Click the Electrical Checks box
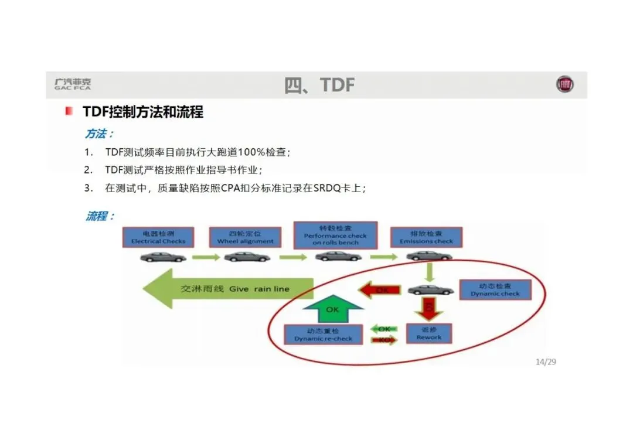coord(158,237)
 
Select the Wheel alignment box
coord(245,237)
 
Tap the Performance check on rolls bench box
coord(335,236)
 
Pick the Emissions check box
coord(426,237)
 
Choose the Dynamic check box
coord(495,289)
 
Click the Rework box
coord(429,333)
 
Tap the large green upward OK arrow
coord(332,309)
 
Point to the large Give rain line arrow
coord(229,289)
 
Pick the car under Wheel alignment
coord(247,257)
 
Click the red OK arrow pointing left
coord(380,289)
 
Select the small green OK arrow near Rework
coord(384,329)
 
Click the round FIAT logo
coord(565,85)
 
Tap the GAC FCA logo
coord(73,84)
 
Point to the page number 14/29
coord(546,361)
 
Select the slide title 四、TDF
coord(319,85)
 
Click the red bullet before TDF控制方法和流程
coord(69,111)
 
